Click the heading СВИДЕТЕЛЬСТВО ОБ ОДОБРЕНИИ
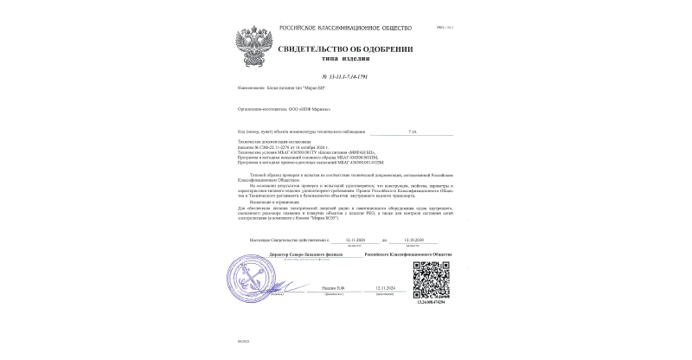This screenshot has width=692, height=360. click(345, 49)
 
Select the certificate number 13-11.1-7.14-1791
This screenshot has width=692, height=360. click(344, 77)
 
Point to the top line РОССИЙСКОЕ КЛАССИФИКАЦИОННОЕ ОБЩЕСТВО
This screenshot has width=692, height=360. click(346, 29)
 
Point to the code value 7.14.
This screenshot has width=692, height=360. click(412, 132)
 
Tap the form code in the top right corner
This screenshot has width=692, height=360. click(448, 29)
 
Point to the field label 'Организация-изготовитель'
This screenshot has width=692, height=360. click(261, 109)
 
